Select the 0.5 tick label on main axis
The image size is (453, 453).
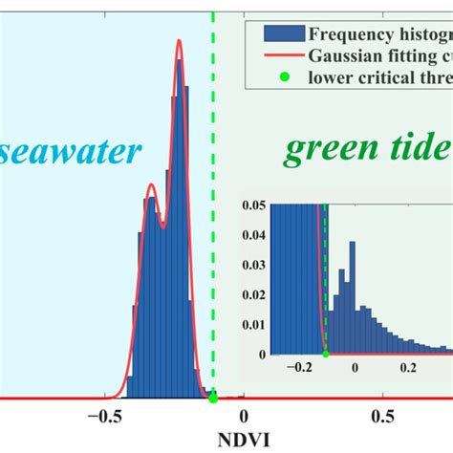pyautogui.click(x=382, y=417)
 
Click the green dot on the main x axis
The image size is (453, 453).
pyautogui.click(x=213, y=397)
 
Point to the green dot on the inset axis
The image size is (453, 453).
pyautogui.click(x=326, y=354)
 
